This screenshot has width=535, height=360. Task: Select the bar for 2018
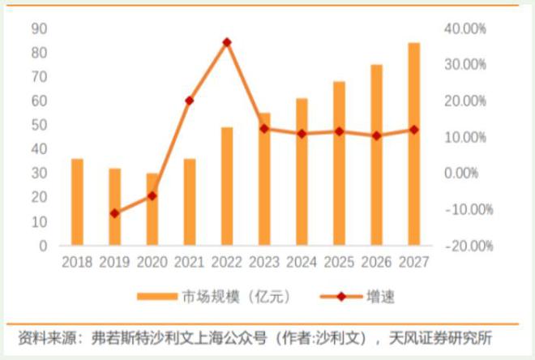click(x=77, y=202)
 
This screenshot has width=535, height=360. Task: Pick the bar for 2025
click(x=339, y=163)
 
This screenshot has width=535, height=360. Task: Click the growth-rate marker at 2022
click(x=227, y=42)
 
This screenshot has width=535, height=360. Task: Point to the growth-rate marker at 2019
click(x=114, y=213)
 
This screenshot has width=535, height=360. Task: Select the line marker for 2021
click(x=189, y=101)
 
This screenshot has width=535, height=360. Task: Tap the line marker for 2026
click(x=376, y=135)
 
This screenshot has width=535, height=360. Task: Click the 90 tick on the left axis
click(x=39, y=28)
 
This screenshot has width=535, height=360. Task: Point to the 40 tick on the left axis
click(x=39, y=149)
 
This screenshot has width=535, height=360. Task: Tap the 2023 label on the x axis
click(x=264, y=262)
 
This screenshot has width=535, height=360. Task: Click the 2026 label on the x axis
click(x=376, y=262)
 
